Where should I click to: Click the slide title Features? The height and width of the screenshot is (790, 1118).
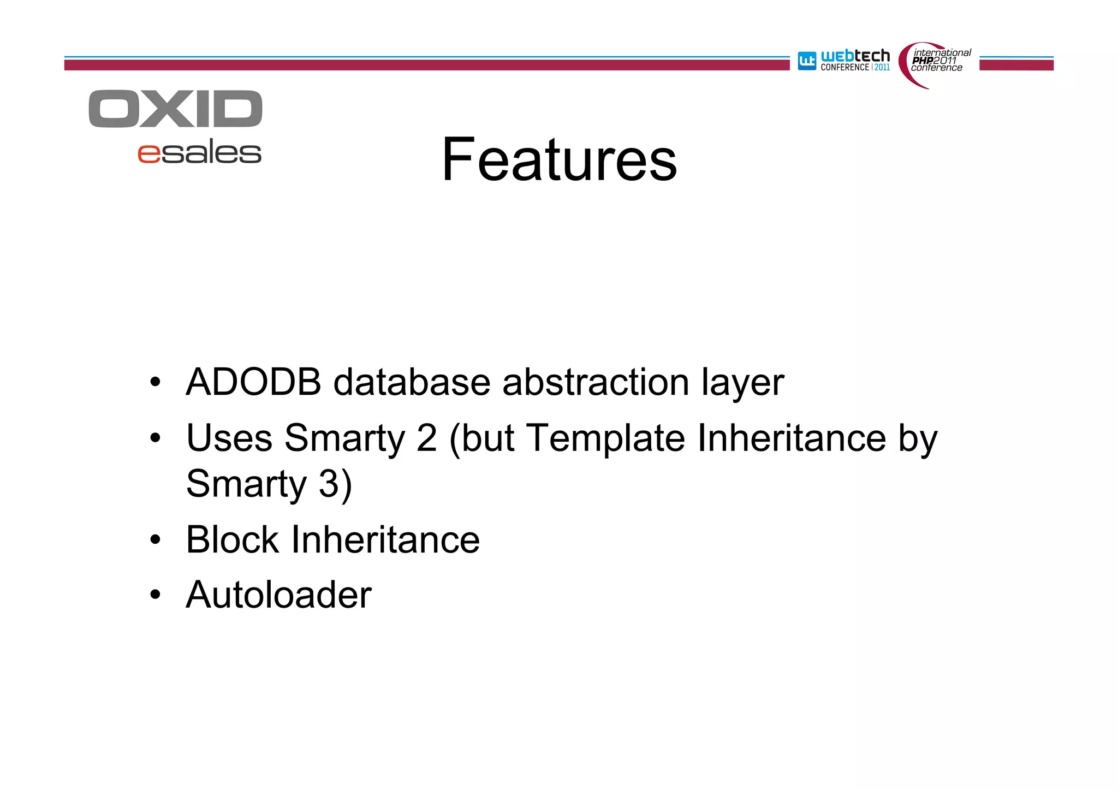[x=559, y=159]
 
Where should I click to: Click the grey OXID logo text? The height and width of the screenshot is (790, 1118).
[x=176, y=109]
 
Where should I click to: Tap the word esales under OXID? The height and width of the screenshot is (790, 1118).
[x=200, y=153]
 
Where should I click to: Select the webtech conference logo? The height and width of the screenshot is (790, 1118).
[x=844, y=61]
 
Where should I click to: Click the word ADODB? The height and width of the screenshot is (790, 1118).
[x=253, y=382]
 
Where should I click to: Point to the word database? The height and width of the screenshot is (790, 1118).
[x=412, y=382]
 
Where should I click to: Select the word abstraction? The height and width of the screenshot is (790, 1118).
[x=596, y=382]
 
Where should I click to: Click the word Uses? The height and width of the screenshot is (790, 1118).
[x=229, y=438]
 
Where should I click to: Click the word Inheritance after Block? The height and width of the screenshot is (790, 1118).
[x=385, y=539]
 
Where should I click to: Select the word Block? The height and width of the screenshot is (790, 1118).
[x=233, y=539]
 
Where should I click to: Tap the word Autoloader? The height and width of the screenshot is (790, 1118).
[x=278, y=595]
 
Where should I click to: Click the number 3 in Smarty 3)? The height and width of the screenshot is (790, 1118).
[x=329, y=484]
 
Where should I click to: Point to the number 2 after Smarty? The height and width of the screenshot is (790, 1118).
[x=426, y=438]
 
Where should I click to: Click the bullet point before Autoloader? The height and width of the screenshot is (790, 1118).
[x=156, y=595]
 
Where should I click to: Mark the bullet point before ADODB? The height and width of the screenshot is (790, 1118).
[x=156, y=382]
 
